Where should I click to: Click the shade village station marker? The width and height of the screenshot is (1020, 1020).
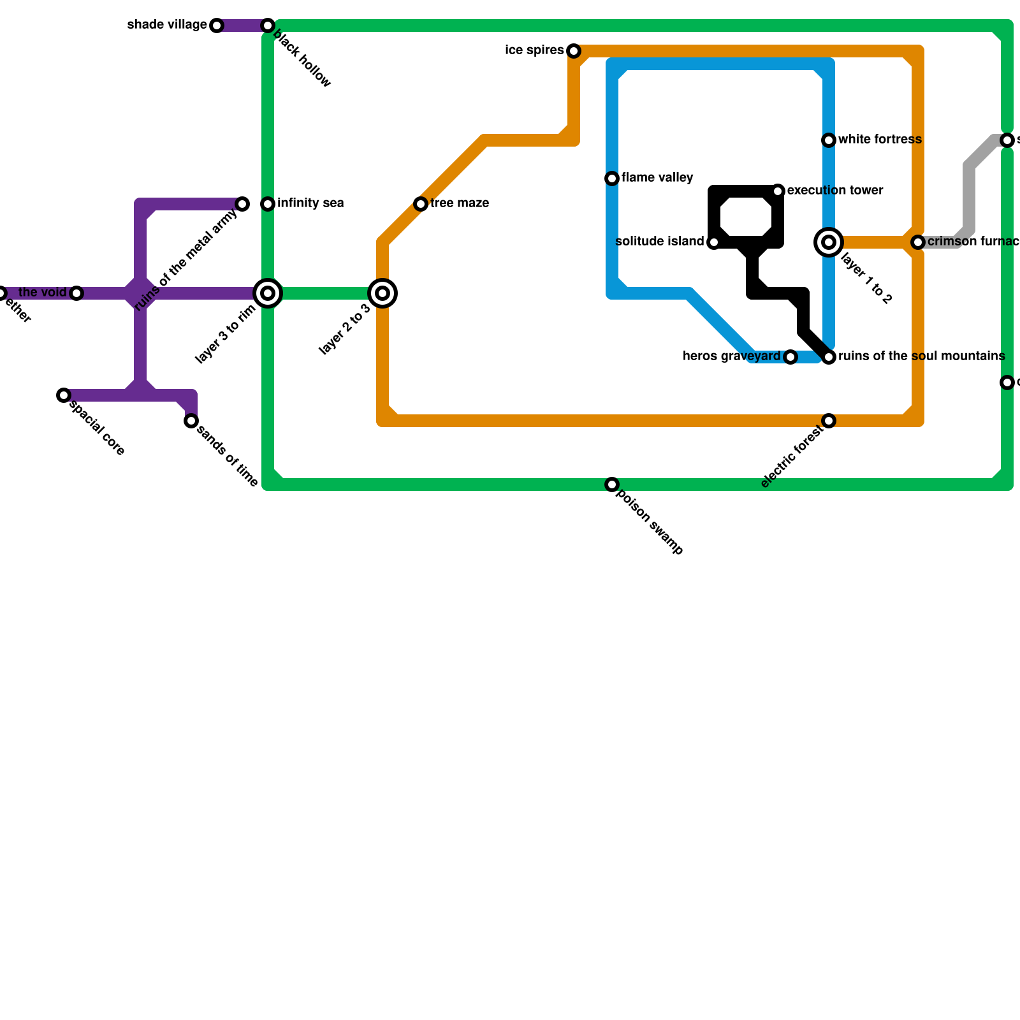point(217,25)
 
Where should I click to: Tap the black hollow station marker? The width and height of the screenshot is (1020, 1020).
point(268,25)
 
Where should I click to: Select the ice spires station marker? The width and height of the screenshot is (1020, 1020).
point(574,51)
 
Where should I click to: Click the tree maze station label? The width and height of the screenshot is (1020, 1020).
point(460,204)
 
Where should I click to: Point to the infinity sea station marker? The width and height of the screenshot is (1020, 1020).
point(268,204)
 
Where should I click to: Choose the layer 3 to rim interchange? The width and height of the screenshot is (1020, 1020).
point(268,293)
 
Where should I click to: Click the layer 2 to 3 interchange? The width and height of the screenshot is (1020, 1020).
point(382,293)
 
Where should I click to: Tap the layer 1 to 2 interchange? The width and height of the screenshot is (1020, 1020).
point(829,242)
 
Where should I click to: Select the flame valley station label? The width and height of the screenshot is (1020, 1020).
point(657,178)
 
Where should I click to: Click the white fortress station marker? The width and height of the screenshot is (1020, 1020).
point(829,140)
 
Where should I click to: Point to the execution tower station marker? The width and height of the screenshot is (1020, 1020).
point(778,191)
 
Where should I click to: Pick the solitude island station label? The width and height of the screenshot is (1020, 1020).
point(660,242)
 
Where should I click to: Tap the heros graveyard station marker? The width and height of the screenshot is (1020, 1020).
point(790,357)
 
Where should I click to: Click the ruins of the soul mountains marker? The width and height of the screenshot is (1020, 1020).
point(829,357)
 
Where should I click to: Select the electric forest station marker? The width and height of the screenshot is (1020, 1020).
point(829,421)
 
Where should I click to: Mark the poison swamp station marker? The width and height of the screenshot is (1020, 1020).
point(612,484)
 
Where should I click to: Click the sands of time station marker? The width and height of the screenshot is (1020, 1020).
point(191,421)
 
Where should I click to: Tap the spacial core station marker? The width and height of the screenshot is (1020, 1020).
point(64,395)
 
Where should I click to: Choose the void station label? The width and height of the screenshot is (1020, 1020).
point(43,293)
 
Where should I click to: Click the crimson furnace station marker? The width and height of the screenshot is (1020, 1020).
point(918,242)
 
